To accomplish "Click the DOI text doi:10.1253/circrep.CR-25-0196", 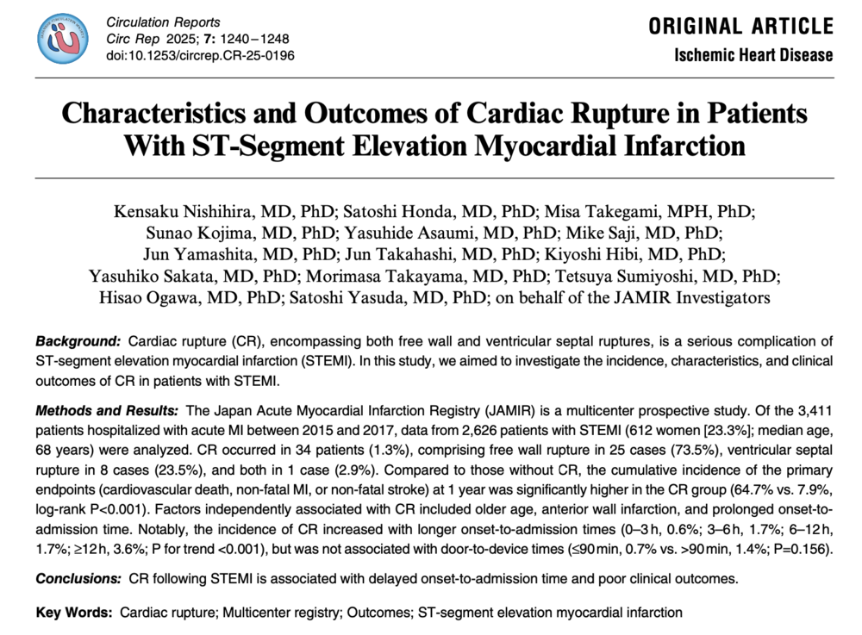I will click(200, 56).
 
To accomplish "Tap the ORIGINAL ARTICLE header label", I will click(740, 26).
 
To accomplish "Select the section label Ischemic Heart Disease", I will click(754, 55).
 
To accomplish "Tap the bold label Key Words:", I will click(74, 613).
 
